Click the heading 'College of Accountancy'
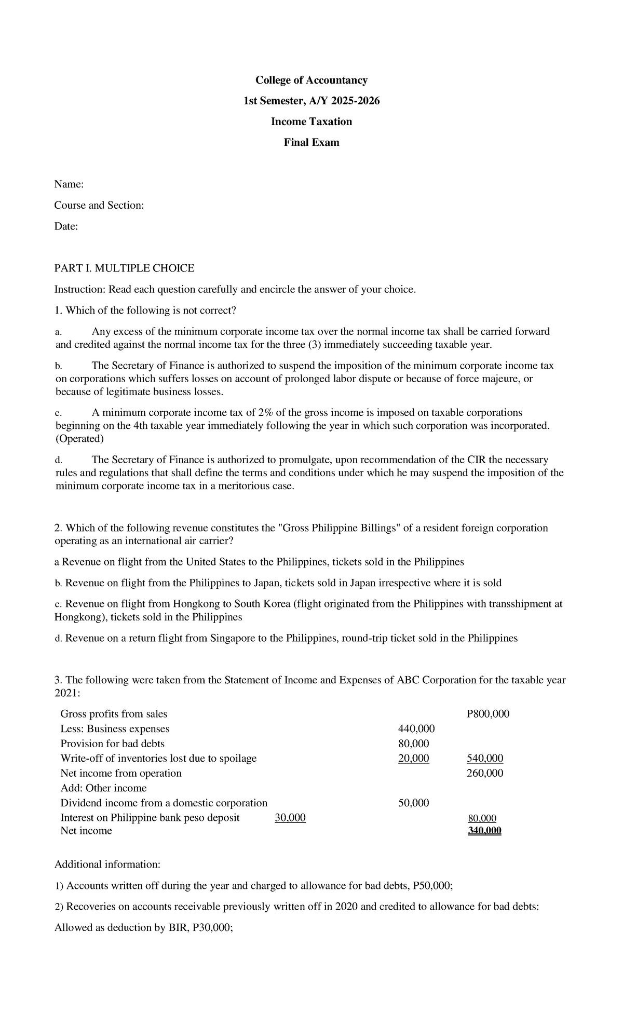click(x=311, y=80)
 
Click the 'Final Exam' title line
click(x=311, y=142)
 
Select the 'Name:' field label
click(x=69, y=184)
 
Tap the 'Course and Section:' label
click(x=99, y=205)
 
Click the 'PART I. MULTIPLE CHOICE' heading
click(x=125, y=268)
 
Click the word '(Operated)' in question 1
click(x=80, y=439)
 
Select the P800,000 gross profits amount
click(x=488, y=714)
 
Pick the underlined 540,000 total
click(x=485, y=758)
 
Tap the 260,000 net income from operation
click(x=485, y=773)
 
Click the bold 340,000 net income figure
click(x=484, y=831)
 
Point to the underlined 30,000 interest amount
click(x=290, y=818)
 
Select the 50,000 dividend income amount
click(x=413, y=803)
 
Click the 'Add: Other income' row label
click(x=103, y=788)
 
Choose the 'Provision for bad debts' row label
click(x=112, y=744)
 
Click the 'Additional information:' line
click(x=107, y=865)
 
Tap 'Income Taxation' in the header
click(x=311, y=122)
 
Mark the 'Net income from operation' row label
click(x=121, y=773)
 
